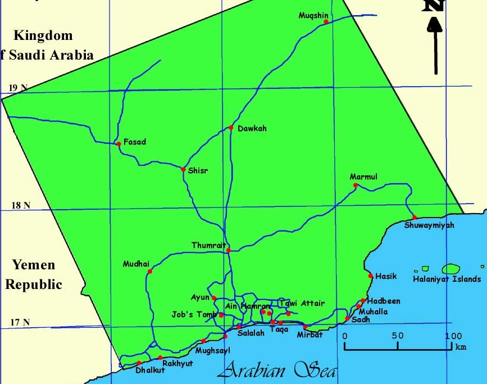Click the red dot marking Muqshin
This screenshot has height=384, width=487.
(326, 22)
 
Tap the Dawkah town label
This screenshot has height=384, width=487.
(252, 129)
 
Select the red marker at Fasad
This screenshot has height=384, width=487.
(119, 144)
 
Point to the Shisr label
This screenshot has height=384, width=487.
(198, 171)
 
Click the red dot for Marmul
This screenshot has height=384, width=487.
(355, 185)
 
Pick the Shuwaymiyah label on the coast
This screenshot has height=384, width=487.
(429, 226)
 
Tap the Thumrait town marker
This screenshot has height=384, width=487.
(229, 250)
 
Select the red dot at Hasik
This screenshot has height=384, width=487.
(371, 275)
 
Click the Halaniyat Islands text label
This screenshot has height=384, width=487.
(447, 279)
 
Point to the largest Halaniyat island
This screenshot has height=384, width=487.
(452, 269)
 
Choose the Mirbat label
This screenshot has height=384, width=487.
(310, 335)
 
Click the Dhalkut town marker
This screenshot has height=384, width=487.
(139, 363)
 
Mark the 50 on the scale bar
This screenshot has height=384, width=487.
(398, 336)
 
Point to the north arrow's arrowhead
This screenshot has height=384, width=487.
(435, 25)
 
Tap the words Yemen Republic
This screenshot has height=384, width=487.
(34, 275)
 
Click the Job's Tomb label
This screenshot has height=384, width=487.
(194, 315)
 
